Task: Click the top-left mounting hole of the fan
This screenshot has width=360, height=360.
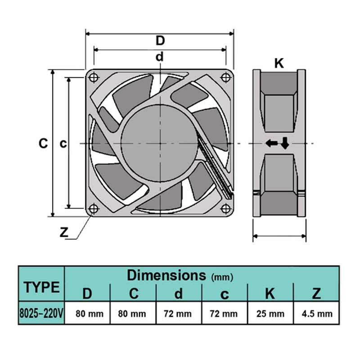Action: [94, 77]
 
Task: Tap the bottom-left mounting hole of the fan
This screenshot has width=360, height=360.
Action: [94, 208]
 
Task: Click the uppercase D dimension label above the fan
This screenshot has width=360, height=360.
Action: [160, 40]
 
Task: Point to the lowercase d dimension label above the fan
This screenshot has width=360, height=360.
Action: [159, 57]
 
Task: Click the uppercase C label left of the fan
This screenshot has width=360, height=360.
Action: [43, 144]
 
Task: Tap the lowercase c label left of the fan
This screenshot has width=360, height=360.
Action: [63, 144]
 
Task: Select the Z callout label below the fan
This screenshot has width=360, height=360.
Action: [64, 233]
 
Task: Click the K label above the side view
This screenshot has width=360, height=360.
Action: [279, 63]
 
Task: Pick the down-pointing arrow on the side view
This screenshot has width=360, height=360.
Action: [285, 144]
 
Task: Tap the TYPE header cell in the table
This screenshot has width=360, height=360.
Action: [42, 287]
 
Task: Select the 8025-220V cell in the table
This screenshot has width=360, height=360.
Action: [42, 313]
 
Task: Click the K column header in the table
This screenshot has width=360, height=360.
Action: [270, 293]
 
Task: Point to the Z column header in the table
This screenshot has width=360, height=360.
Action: [316, 293]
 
